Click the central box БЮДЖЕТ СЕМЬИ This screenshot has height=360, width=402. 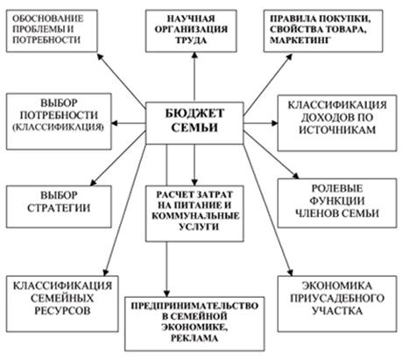pyautogui.click(x=194, y=123)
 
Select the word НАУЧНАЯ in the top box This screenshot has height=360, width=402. pyautogui.click(x=191, y=18)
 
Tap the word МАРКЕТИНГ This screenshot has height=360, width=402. pyautogui.click(x=300, y=39)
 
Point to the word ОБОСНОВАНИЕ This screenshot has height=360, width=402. pyautogui.click(x=48, y=18)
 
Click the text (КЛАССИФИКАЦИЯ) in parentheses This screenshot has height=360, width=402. pyautogui.click(x=59, y=128)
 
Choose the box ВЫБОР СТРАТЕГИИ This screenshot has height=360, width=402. pyautogui.click(x=59, y=207)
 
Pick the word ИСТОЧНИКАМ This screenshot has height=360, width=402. pyautogui.click(x=337, y=130)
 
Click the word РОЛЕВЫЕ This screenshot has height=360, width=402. pyautogui.click(x=337, y=188)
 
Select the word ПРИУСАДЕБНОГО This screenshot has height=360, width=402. pyautogui.click(x=337, y=298)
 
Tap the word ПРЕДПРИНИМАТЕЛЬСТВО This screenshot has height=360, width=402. pyautogui.click(x=194, y=306)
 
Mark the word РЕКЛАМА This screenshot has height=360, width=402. pyautogui.click(x=194, y=338)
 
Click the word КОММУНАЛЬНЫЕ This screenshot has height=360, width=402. pyautogui.click(x=195, y=215)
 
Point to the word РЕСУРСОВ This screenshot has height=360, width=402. pyautogui.click(x=62, y=311)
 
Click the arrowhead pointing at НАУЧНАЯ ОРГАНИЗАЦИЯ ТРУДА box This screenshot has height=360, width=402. pyautogui.click(x=194, y=55)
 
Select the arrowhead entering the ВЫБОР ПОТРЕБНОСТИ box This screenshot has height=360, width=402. pyautogui.click(x=115, y=124)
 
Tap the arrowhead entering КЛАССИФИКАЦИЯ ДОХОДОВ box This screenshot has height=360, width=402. pyautogui.click(x=274, y=124)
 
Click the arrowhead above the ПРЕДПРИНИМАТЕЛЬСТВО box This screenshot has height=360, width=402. pyautogui.click(x=166, y=293)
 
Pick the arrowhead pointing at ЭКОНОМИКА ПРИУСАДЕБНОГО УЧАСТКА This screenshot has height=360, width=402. pyautogui.click(x=290, y=272)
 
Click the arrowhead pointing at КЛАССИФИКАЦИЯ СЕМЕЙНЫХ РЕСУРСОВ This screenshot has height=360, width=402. pyautogui.click(x=105, y=272)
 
